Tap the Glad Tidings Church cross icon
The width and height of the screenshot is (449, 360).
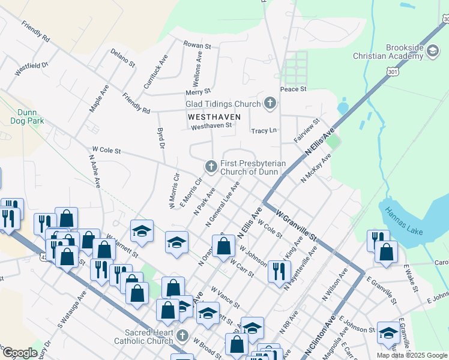[270, 104]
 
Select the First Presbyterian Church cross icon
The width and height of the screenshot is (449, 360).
[211, 166]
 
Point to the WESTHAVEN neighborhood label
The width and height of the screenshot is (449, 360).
[214, 116]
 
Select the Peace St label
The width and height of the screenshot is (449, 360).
[294, 89]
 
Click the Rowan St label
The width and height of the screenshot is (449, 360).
[197, 45]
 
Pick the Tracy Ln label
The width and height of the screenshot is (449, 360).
[264, 130]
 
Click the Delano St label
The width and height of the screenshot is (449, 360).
[123, 59]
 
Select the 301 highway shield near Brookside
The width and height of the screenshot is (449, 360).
[393, 72]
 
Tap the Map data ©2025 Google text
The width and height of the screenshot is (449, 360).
[412, 355]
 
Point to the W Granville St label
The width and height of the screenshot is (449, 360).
[297, 225]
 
